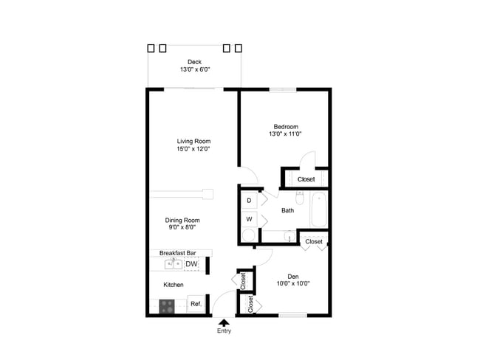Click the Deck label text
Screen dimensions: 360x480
point(194,62)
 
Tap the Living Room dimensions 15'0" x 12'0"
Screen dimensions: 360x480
point(193,149)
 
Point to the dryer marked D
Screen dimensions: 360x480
point(249,200)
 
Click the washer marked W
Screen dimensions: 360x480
point(249,219)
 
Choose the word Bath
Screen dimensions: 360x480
point(287,210)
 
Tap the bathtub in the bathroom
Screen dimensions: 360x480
point(319,210)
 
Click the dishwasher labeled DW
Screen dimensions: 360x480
point(191,264)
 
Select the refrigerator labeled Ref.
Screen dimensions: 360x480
point(196,304)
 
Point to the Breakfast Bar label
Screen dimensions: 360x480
point(177,253)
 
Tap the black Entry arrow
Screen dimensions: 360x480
point(224,321)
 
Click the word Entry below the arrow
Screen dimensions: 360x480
point(224,330)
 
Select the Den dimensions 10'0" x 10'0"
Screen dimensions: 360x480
point(293,283)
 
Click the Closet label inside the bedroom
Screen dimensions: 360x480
point(306,179)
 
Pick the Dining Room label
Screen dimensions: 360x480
point(182,220)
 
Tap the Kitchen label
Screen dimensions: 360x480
point(174,284)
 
